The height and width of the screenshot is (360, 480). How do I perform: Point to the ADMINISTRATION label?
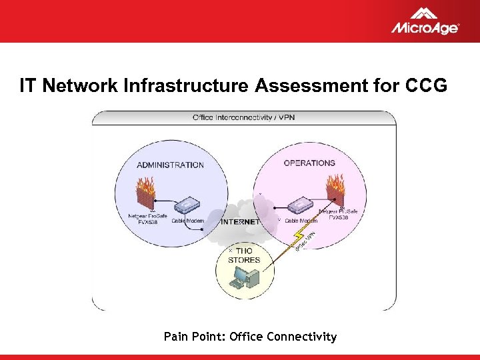click(170, 165)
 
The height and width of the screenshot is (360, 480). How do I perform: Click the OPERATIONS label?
click(309, 163)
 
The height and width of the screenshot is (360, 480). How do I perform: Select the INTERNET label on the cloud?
click(240, 221)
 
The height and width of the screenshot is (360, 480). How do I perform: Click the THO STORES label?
click(244, 255)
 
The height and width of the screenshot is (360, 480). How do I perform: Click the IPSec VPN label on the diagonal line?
click(306, 241)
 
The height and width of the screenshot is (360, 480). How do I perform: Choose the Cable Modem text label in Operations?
click(301, 220)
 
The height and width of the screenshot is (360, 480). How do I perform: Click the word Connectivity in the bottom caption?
click(301, 337)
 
